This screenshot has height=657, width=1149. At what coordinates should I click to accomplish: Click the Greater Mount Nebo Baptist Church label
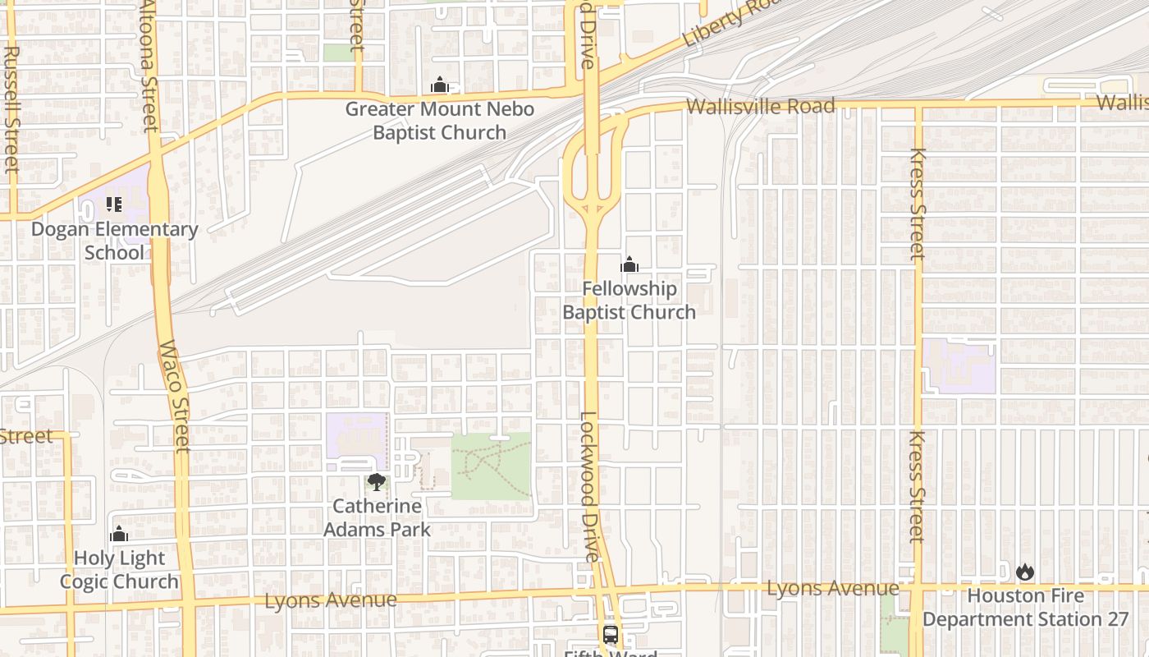(439, 121)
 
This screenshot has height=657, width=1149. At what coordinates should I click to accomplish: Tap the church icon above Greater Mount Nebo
(439, 85)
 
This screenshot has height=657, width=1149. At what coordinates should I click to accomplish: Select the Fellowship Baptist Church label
(629, 301)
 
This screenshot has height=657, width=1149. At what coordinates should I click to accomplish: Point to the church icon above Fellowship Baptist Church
(629, 264)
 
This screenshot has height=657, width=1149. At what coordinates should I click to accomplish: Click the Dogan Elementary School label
(114, 241)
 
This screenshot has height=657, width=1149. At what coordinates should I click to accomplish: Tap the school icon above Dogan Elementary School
(114, 204)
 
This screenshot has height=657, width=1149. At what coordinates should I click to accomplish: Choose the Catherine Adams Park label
(377, 518)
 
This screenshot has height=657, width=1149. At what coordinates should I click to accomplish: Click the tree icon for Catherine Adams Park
(377, 482)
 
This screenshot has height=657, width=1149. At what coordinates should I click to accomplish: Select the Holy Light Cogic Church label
(119, 570)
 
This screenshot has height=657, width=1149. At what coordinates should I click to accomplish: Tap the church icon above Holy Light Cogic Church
(119, 535)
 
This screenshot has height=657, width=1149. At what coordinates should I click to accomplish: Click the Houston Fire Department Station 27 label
(1025, 608)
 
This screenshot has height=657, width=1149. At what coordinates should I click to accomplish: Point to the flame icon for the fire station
(1025, 572)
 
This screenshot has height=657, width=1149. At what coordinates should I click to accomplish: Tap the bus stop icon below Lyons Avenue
(611, 634)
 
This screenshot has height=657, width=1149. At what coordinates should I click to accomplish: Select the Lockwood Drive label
(588, 486)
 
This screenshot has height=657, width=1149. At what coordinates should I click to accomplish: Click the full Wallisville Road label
(760, 107)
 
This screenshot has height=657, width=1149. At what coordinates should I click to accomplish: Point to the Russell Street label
(11, 108)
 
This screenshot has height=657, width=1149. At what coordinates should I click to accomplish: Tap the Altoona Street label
(149, 66)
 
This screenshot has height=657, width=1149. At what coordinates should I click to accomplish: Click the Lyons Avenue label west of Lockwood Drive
(330, 600)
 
